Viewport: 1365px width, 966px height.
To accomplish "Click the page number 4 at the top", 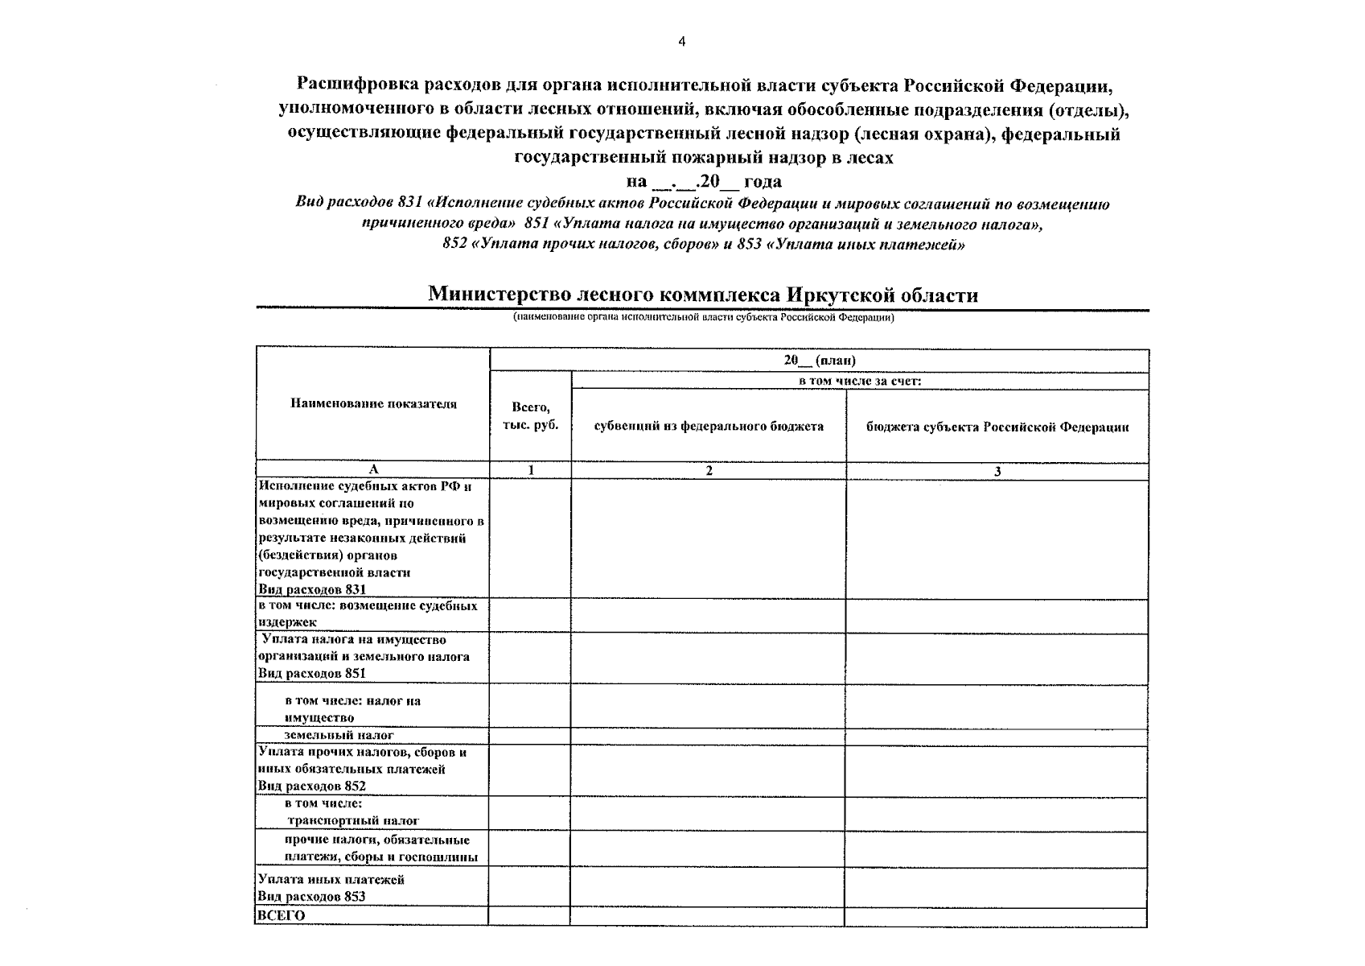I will tap(681, 43).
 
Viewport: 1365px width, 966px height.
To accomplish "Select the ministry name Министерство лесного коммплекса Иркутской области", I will tap(703, 295).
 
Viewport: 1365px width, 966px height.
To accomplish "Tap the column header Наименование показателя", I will tap(373, 404).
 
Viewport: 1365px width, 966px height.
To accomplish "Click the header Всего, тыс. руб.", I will tap(530, 416).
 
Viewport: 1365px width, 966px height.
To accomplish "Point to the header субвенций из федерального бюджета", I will tap(708, 426).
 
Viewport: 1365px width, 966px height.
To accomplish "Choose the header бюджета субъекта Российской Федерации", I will tap(997, 427).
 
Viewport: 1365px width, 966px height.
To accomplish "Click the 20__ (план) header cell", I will tap(819, 360).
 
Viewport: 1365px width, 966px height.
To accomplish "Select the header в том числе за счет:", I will tap(859, 381).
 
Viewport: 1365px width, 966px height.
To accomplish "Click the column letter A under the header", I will tap(372, 469).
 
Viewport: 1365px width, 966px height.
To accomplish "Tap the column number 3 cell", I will tap(997, 472).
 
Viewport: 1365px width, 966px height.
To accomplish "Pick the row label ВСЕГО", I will tap(281, 915).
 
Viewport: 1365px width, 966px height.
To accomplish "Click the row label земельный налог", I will tap(339, 735).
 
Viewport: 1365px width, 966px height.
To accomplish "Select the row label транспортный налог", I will tap(354, 820).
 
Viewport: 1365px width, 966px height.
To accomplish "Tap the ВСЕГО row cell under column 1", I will tap(528, 916).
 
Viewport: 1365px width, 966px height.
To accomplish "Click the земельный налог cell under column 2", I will tap(708, 737).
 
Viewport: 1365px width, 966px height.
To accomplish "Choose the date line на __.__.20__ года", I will tap(703, 181).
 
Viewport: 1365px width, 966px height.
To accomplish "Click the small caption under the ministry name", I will tap(703, 317).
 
